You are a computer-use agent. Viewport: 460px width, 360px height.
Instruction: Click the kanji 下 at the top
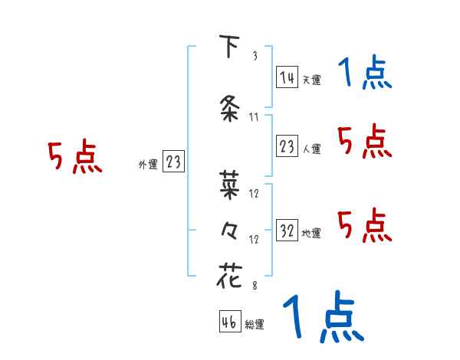(x=228, y=47)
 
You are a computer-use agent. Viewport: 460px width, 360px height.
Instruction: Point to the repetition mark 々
(x=228, y=230)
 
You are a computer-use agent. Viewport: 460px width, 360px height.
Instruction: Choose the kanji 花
(x=228, y=274)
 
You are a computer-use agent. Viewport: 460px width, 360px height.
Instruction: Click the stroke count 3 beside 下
(x=255, y=57)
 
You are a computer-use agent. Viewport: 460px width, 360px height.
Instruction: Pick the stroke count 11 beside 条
(x=255, y=117)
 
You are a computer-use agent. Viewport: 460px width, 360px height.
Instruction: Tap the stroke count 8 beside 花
(x=255, y=286)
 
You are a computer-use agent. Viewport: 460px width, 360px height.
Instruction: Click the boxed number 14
(x=287, y=77)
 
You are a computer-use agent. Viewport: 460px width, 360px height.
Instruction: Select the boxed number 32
(x=287, y=231)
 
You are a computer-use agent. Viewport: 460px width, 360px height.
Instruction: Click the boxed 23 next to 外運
(x=173, y=162)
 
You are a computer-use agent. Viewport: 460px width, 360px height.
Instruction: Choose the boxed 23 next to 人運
(x=287, y=147)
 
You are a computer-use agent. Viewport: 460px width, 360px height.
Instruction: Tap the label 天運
(x=311, y=80)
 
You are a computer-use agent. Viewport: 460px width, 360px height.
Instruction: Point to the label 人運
(x=311, y=149)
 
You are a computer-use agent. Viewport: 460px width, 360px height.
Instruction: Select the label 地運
(x=311, y=233)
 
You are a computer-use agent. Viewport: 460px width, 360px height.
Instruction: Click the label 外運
(x=147, y=164)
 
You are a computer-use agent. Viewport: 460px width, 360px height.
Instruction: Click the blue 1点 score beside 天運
(x=365, y=74)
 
